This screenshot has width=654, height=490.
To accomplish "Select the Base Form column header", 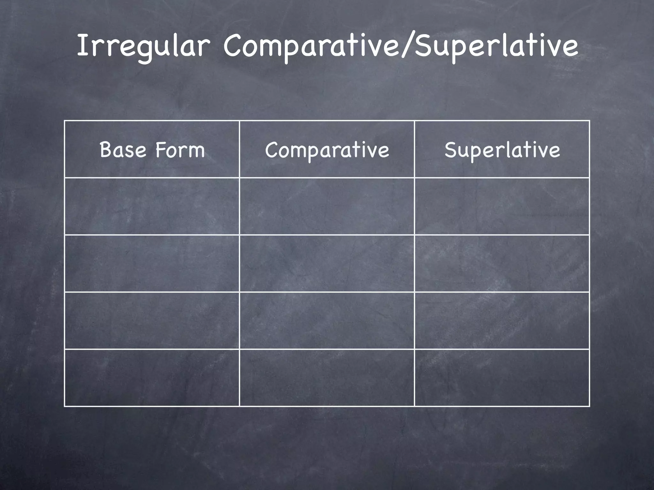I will coord(152,150).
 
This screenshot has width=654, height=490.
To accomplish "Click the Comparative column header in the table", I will coord(327,150).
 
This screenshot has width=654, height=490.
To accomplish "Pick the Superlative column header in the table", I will coord(502,150).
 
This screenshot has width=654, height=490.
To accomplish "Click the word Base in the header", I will coord(123,150).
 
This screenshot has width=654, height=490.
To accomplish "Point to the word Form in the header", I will coord(180,150).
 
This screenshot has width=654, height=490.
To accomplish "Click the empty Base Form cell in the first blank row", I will coord(152,206).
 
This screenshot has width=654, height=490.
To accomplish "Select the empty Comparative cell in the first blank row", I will coord(327,206).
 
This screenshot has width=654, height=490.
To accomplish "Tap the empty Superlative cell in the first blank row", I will coord(502,206).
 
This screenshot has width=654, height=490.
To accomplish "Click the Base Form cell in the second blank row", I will coord(152,264).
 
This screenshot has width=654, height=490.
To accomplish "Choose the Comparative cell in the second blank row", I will coord(327,264).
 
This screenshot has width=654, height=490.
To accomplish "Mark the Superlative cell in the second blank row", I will coord(502,264).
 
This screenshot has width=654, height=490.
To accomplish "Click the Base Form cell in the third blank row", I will coord(152,321).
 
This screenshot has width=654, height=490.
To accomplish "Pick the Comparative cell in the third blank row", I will coord(327,321).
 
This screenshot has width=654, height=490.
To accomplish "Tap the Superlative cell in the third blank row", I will coord(502,321).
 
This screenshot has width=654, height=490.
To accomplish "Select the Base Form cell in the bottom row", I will coord(152,378).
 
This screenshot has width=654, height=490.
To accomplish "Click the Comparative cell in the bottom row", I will coord(327,378).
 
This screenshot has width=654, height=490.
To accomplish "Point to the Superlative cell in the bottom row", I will coord(502,378).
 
